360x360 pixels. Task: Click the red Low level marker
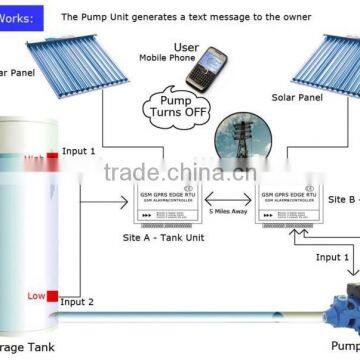tap(36, 295)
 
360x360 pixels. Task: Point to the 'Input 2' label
tap(77, 302)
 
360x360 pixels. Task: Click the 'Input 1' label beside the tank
tap(80, 152)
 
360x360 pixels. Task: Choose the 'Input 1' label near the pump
tap(333, 257)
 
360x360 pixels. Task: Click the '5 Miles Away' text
tap(229, 211)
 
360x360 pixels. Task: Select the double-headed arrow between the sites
tap(228, 198)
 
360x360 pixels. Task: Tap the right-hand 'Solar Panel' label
tap(298, 98)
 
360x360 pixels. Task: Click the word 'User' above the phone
tap(186, 47)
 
